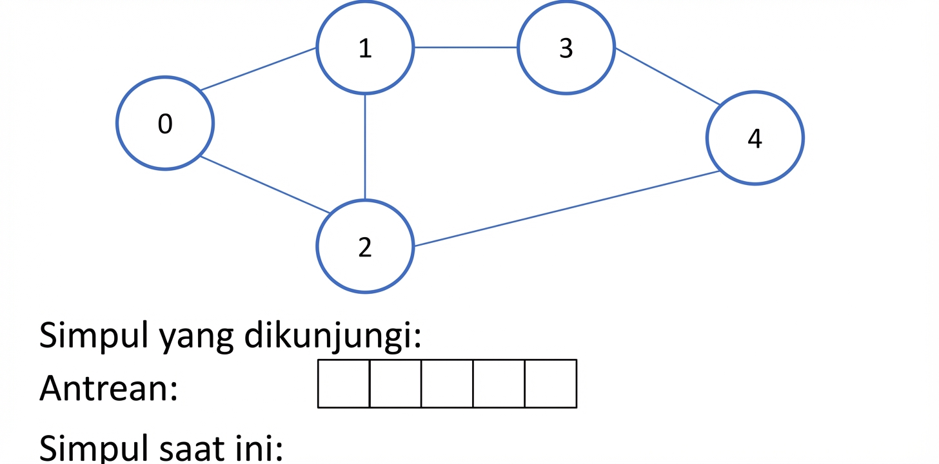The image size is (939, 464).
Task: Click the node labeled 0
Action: coord(165,123)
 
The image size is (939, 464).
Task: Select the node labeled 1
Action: coord(365,47)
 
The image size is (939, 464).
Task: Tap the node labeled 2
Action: coord(365,246)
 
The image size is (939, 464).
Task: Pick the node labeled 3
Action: coord(566,47)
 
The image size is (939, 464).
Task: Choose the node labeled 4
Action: coord(755,138)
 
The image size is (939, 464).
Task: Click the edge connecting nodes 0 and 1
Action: coord(258,69)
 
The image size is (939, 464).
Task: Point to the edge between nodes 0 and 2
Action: coord(265,185)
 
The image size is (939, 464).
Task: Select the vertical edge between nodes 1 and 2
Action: coord(365,147)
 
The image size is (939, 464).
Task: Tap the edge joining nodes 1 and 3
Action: coord(466,47)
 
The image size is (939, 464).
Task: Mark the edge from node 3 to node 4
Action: coord(667,76)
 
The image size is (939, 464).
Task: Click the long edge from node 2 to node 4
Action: coord(567,209)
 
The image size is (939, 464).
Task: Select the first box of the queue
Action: coord(344,383)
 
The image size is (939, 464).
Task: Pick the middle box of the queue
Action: coord(448,383)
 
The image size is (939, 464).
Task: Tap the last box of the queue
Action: coord(551,383)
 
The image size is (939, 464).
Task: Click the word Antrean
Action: coord(108,388)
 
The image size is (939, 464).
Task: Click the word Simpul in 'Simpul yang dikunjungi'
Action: coord(94,336)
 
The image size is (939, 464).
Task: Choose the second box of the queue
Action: coord(395,383)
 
